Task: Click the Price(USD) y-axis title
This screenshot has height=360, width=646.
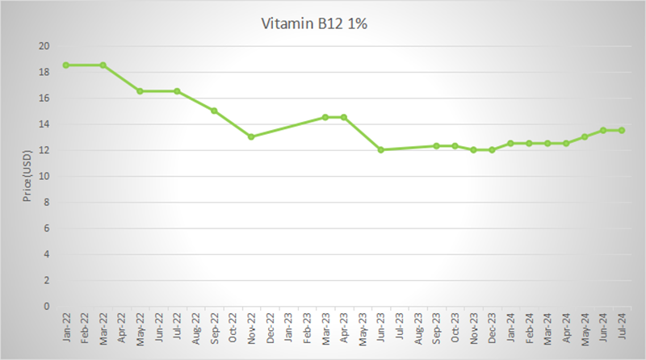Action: (x=27, y=175)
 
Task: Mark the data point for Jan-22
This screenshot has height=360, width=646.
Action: (x=65, y=65)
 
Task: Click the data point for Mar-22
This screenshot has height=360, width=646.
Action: (x=103, y=65)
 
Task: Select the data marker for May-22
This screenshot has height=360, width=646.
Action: (x=140, y=91)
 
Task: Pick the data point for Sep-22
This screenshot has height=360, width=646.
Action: (x=214, y=111)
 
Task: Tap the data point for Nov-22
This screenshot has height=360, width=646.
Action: (x=251, y=136)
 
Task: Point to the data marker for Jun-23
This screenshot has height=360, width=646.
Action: (x=381, y=149)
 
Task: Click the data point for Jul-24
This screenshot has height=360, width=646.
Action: (x=622, y=130)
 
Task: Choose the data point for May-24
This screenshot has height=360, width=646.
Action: (x=585, y=136)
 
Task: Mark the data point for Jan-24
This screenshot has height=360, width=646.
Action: (x=510, y=143)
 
